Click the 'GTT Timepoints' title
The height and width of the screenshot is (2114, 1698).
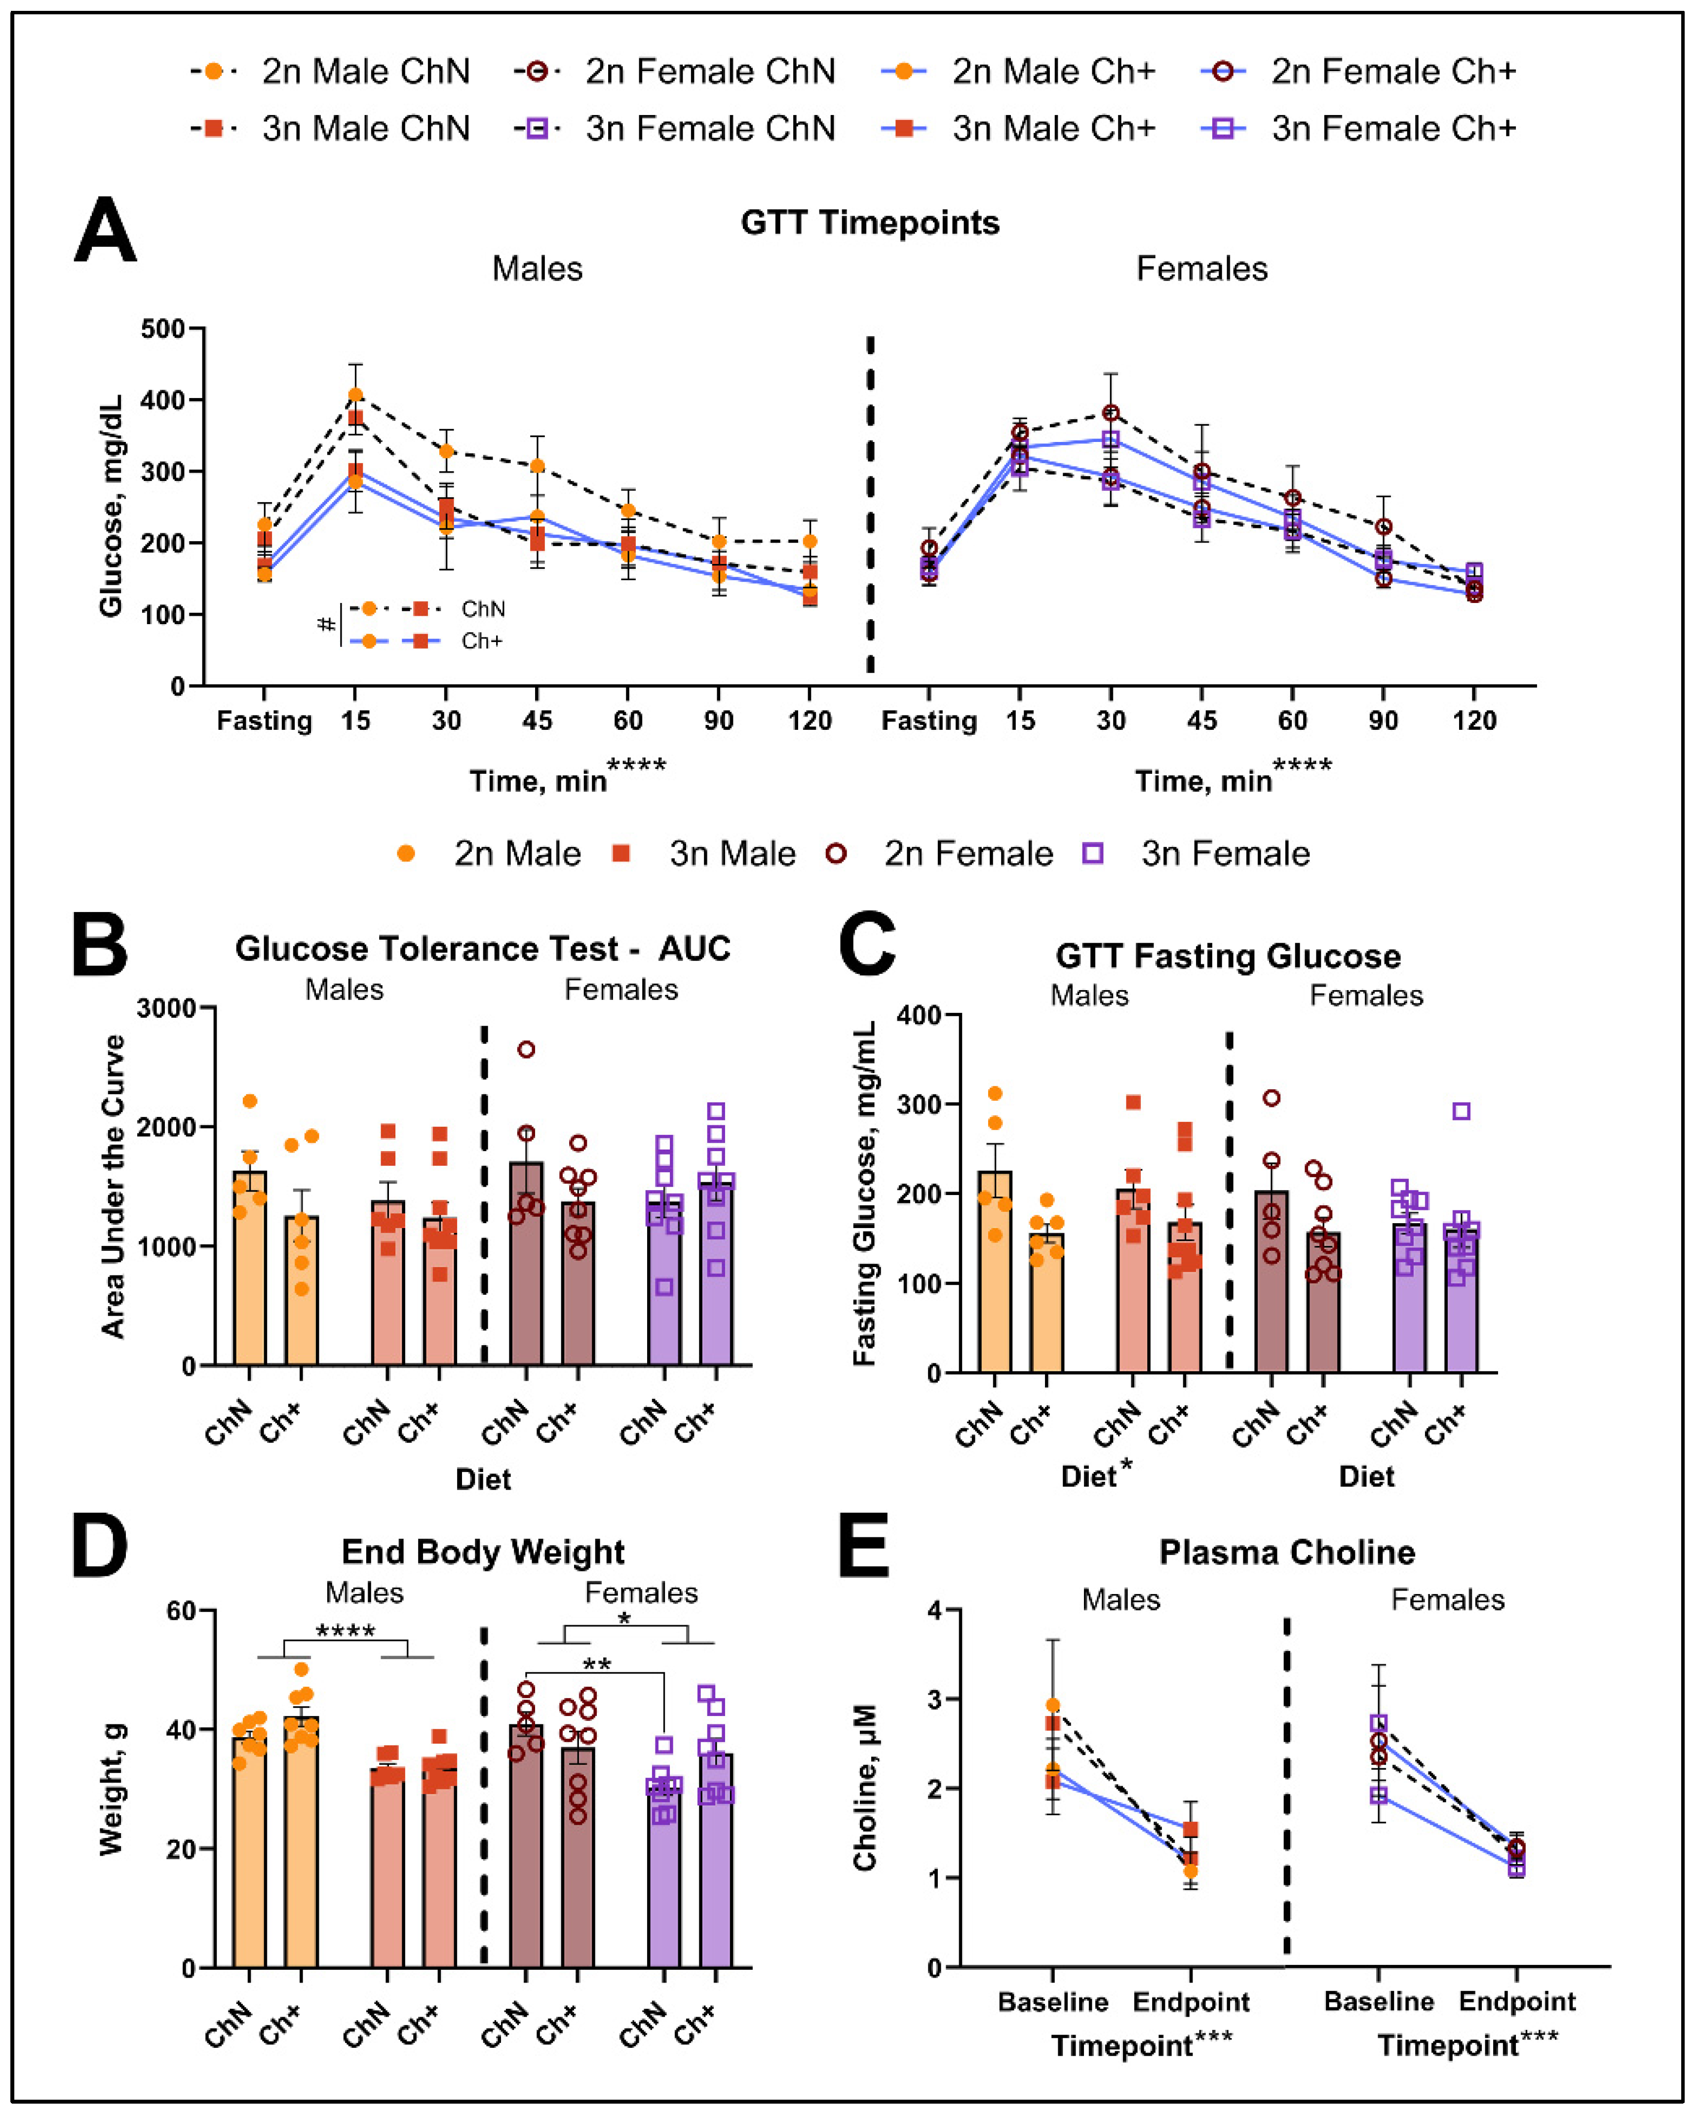click(x=870, y=223)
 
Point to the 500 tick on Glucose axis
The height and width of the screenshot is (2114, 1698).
click(x=163, y=328)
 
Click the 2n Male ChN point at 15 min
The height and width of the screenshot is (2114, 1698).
click(x=355, y=395)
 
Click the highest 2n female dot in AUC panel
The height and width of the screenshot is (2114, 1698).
click(x=527, y=1049)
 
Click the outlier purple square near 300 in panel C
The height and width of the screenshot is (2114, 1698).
click(x=1461, y=1111)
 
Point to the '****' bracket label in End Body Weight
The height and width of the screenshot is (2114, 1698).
click(x=345, y=1631)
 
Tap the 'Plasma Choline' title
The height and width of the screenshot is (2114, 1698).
click(x=1286, y=1552)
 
